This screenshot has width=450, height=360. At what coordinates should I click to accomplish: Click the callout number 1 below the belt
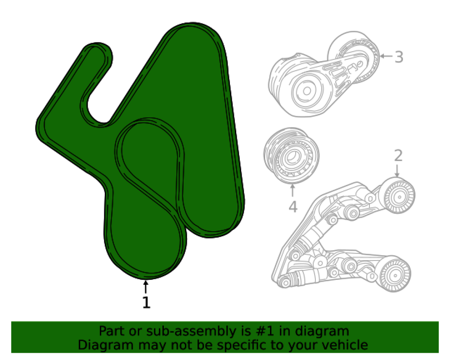[x=146, y=302]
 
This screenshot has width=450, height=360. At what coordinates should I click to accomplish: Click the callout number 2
[x=398, y=155]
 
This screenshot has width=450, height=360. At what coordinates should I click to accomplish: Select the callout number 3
[x=399, y=57]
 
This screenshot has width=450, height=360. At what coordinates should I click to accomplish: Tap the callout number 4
[x=293, y=207]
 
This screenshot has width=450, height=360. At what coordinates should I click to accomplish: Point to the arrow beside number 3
[x=386, y=57]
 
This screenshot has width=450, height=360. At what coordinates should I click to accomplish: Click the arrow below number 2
[x=397, y=171]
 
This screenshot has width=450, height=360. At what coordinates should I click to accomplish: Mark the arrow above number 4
[x=293, y=191]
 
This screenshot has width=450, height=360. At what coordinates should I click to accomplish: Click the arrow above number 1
[x=146, y=287]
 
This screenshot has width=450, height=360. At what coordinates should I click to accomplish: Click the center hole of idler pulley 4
[x=291, y=156]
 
